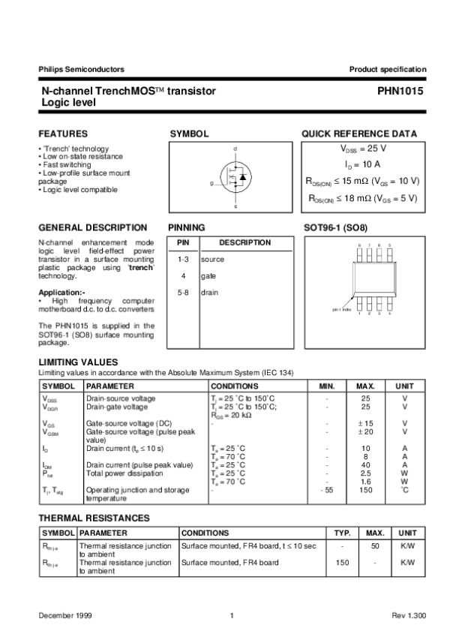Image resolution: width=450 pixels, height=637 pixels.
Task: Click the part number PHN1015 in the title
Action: tap(401, 91)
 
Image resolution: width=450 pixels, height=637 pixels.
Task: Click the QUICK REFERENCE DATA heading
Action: tap(359, 134)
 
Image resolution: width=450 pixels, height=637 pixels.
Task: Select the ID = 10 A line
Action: tap(363, 164)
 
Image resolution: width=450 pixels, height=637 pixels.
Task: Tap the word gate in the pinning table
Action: tap(208, 276)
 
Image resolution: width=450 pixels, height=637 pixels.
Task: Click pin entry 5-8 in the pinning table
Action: tap(183, 293)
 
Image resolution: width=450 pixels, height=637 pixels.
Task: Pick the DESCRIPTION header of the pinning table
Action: tap(244, 243)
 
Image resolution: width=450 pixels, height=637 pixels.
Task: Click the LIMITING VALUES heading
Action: tap(78, 362)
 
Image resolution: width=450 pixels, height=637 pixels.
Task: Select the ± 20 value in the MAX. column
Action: tap(365, 431)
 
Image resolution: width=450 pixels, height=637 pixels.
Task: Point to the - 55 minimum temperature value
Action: tap(326, 490)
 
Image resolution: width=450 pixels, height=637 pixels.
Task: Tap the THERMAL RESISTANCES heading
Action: tap(94, 518)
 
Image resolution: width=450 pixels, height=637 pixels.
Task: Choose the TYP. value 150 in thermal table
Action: tap(342, 562)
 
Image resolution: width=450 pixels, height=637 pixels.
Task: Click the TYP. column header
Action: tap(343, 532)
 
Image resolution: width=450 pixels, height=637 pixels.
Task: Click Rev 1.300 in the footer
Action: tap(409, 615)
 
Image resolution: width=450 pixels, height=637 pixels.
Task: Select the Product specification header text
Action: tap(388, 70)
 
